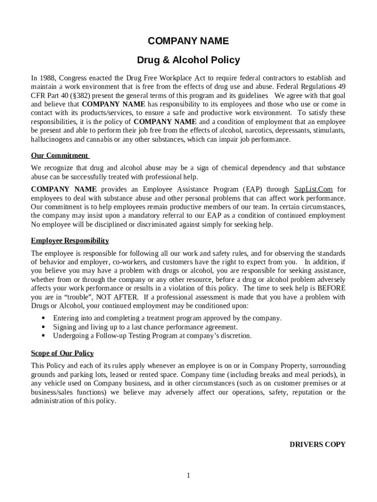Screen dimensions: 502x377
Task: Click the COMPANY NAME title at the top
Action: pyautogui.click(x=188, y=41)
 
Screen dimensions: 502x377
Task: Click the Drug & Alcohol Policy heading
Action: pyautogui.click(x=188, y=60)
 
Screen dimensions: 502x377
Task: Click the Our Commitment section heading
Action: pyautogui.click(x=59, y=155)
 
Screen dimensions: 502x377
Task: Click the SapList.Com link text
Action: pyautogui.click(x=313, y=189)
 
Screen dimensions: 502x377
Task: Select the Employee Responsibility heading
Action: pyautogui.click(x=70, y=241)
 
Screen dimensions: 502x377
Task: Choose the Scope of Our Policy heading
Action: pyautogui.click(x=62, y=353)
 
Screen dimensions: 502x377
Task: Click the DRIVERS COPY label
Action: pyautogui.click(x=317, y=445)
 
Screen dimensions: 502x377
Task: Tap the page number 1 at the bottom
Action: pyautogui.click(x=188, y=475)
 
